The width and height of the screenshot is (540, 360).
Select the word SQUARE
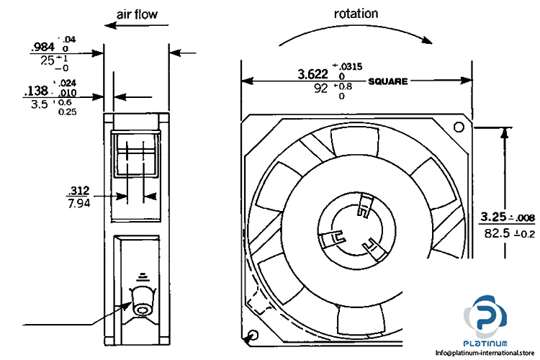(388, 81)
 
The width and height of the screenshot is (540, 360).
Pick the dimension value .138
(36, 91)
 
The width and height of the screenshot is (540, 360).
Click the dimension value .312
(77, 191)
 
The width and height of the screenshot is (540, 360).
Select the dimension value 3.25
(494, 216)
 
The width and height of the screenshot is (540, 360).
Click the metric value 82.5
(492, 233)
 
